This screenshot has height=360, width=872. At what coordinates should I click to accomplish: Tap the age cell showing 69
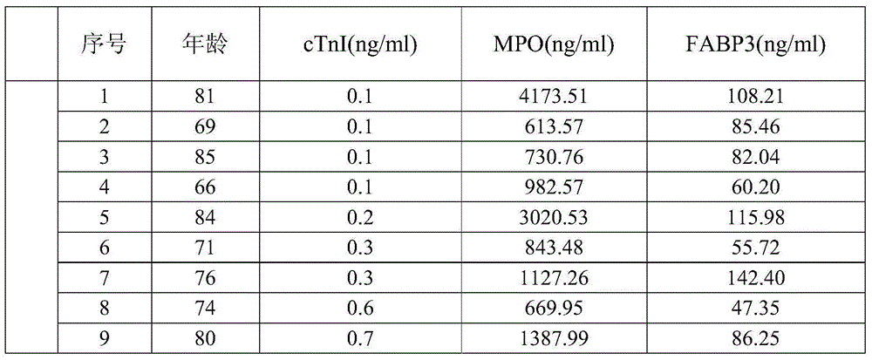[204, 128]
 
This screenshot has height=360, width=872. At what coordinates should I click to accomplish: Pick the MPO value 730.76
[555, 158]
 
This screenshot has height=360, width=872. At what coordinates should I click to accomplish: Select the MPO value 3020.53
[555, 218]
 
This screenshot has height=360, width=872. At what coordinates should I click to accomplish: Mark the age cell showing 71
[204, 248]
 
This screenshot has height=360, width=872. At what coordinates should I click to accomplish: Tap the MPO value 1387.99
[555, 338]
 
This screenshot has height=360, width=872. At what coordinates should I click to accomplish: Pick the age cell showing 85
[204, 158]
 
